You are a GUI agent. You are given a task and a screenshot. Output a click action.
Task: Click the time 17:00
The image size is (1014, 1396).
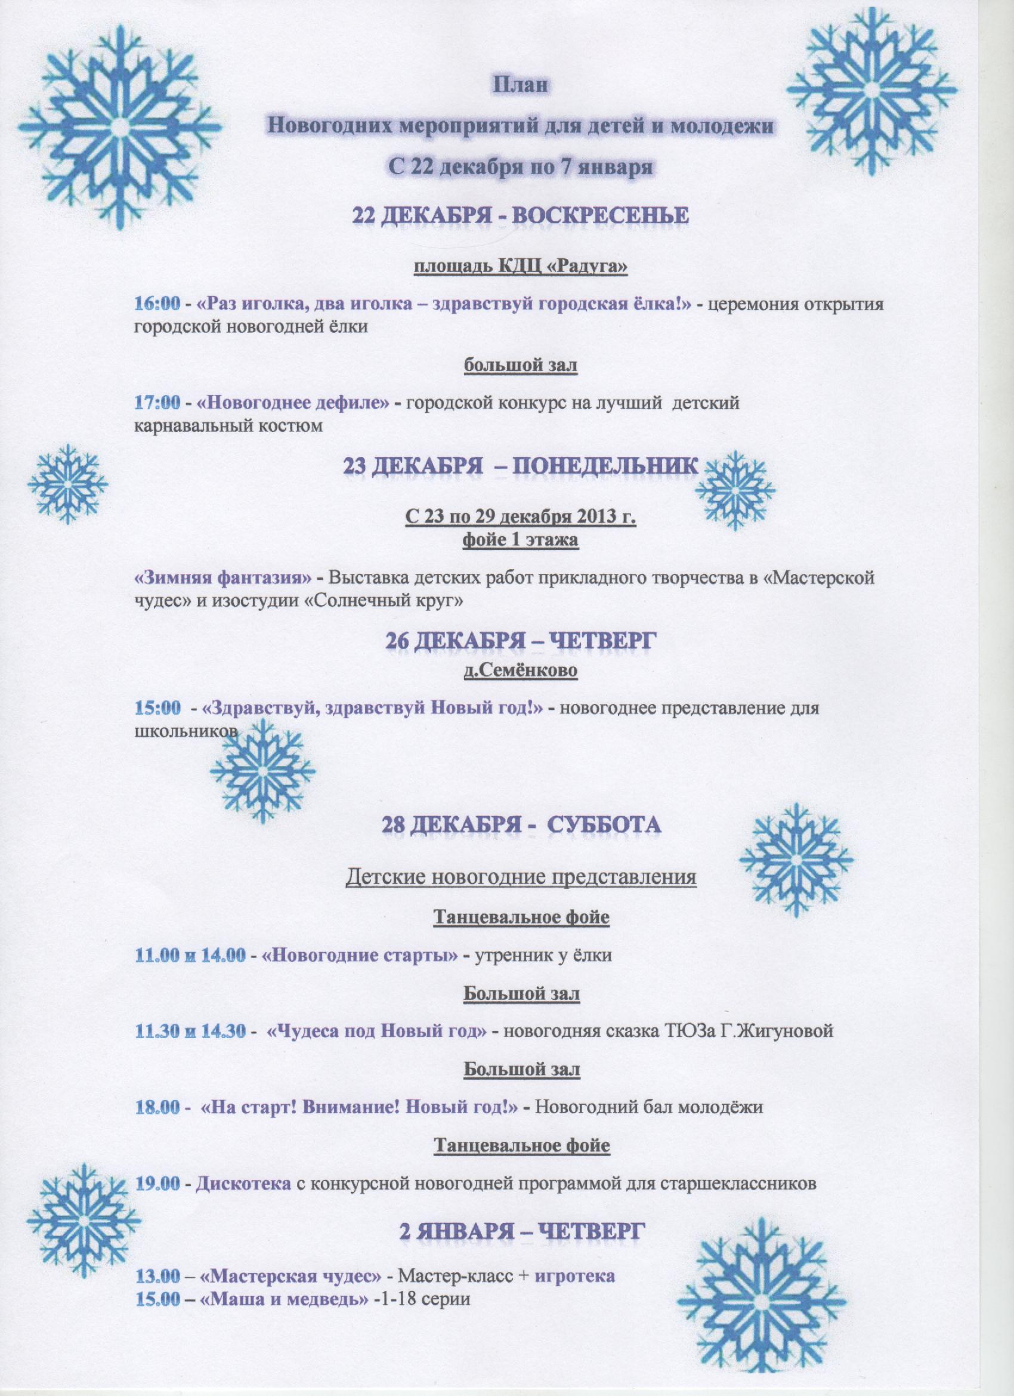(157, 403)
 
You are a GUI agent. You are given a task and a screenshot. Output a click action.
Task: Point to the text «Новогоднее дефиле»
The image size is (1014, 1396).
(294, 403)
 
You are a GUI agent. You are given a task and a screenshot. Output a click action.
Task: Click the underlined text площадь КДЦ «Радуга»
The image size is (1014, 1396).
(520, 268)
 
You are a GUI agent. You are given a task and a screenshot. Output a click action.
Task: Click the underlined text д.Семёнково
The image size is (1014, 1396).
(520, 670)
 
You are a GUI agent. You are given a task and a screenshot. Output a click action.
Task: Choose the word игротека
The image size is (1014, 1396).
(574, 1271)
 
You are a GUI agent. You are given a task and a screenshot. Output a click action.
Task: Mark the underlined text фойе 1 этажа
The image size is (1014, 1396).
(520, 541)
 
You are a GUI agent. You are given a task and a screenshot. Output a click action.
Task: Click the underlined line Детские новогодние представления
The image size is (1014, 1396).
(521, 877)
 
